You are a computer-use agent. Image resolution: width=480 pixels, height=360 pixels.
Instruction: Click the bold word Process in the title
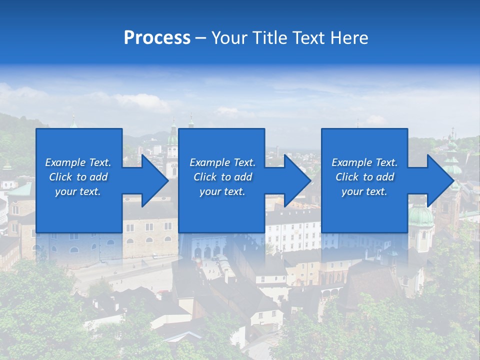157,38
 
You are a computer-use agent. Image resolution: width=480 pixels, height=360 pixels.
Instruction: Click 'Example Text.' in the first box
78,162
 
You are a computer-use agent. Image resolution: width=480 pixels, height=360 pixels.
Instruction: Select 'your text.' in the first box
78,191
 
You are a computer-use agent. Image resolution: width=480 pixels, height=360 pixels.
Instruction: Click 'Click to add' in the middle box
222,177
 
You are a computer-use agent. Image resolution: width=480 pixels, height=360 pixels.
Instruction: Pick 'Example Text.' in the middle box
222,162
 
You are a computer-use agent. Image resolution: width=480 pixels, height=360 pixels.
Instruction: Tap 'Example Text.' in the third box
364,162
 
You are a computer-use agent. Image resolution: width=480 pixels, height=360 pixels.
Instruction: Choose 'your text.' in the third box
364,191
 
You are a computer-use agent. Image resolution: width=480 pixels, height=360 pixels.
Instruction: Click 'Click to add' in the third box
364,177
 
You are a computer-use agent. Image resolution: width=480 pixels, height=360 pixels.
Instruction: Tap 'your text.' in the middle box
222,191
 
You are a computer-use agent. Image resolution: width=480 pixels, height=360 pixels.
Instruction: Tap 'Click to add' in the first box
78,177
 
